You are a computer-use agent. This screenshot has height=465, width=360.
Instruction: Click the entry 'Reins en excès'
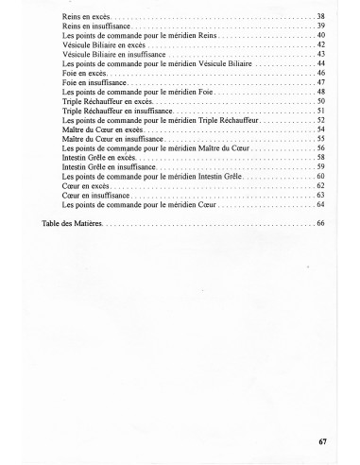pyautogui.click(x=84, y=17)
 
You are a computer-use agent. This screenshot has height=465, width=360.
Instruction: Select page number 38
pyautogui.click(x=321, y=17)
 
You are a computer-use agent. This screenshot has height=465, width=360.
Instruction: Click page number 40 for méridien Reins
pyautogui.click(x=321, y=35)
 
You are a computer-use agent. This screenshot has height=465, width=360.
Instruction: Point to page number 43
pyautogui.click(x=321, y=54)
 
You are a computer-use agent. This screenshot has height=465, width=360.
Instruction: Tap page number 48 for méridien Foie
pyautogui.click(x=321, y=91)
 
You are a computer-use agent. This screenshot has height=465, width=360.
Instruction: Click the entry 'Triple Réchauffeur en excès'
pyautogui.click(x=107, y=100)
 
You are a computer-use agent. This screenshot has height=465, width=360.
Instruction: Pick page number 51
pyautogui.click(x=321, y=110)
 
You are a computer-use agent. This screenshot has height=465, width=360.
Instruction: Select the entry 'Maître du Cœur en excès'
pyautogui.click(x=103, y=129)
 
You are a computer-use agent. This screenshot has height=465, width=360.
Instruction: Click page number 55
pyautogui.click(x=321, y=138)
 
